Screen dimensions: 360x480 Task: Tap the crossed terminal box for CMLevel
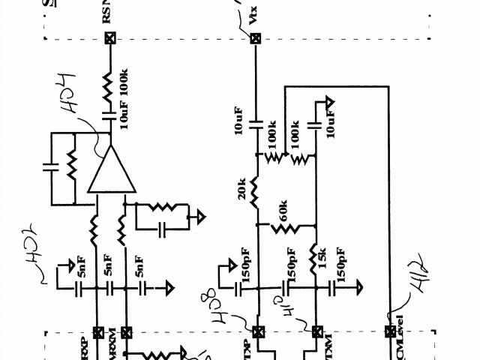pos(389,331)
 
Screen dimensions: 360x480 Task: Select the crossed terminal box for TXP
pos(256,331)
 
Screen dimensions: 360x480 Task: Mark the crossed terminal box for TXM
pos(315,331)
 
